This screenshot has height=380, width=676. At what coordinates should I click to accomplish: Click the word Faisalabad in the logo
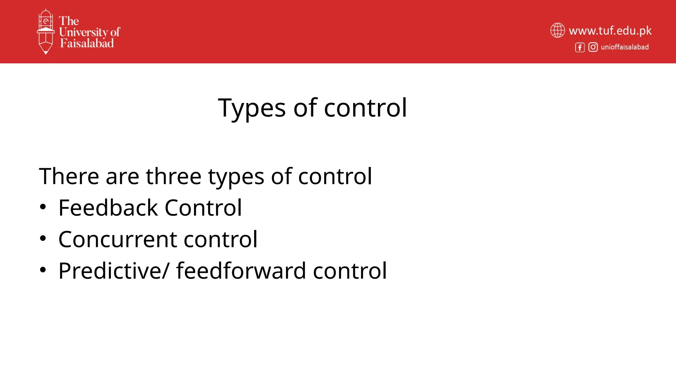[x=87, y=43]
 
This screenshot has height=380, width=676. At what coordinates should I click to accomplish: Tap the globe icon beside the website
[x=558, y=30]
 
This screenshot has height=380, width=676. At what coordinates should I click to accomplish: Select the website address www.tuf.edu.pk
[x=610, y=31]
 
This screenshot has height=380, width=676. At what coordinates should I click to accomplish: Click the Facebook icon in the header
[x=580, y=47]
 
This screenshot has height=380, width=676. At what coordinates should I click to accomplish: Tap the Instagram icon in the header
[x=593, y=47]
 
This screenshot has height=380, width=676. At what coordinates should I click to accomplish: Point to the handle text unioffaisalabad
[x=625, y=47]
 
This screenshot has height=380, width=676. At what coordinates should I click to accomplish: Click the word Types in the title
[x=252, y=108]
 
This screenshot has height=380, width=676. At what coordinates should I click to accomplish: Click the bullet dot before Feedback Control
[x=43, y=207]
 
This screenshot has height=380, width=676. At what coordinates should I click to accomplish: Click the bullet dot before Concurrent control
[x=43, y=238]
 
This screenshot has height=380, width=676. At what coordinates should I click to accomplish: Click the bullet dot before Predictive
[x=43, y=270]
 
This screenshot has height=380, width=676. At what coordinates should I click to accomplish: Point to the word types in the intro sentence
[x=236, y=177]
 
